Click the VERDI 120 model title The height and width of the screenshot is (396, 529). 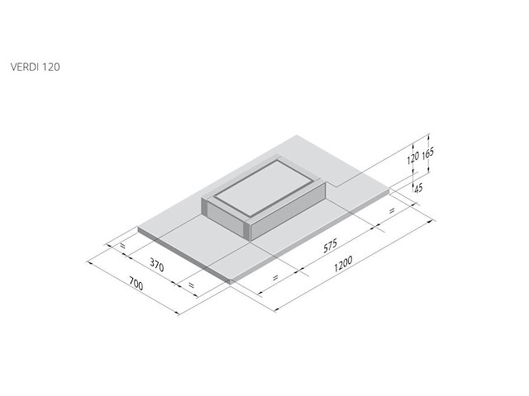click(x=35, y=67)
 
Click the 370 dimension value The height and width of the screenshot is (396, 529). click(x=157, y=265)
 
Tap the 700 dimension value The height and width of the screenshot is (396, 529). click(x=136, y=284)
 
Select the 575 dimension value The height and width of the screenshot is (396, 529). click(x=330, y=246)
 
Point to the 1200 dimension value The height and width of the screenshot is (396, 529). click(x=343, y=264)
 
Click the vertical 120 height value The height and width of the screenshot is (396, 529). click(x=412, y=158)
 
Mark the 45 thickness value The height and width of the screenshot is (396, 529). click(x=418, y=188)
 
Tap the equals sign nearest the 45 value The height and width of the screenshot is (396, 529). click(x=392, y=211)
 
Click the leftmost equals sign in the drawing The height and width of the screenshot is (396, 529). click(x=122, y=246)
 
